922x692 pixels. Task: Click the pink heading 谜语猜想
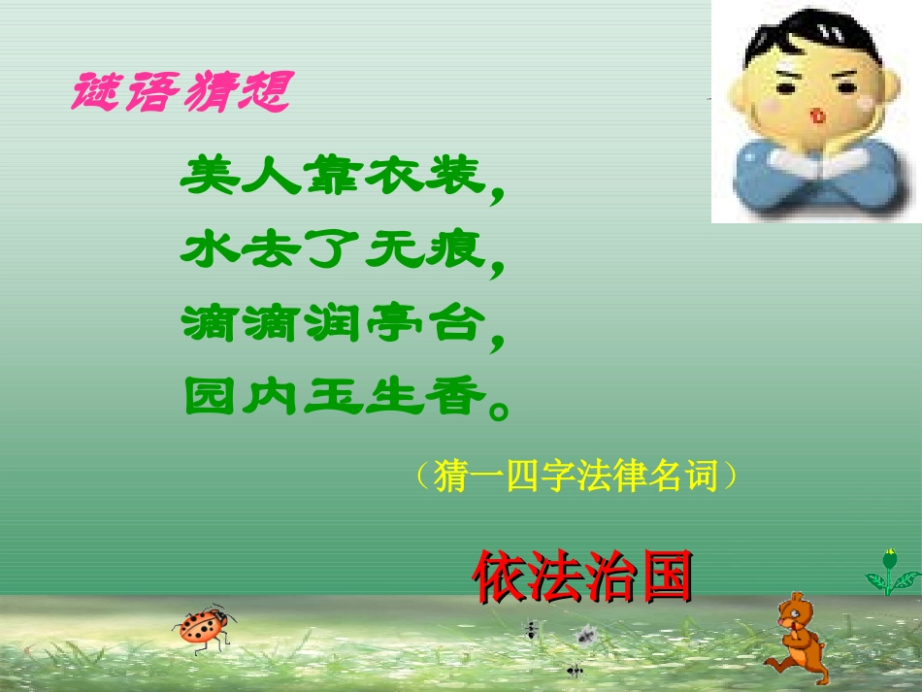(x=181, y=93)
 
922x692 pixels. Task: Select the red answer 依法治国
(x=583, y=577)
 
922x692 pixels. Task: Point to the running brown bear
(x=798, y=636)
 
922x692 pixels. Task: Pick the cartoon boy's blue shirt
(x=815, y=180)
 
